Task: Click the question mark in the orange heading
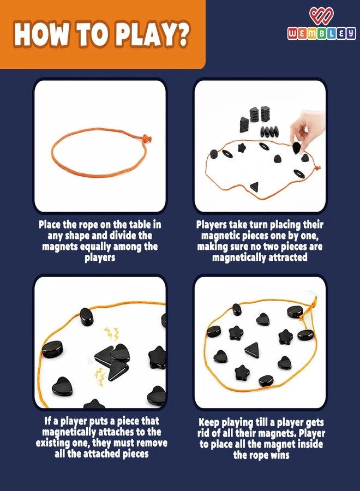[x=181, y=33]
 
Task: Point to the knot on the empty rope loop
[x=146, y=138]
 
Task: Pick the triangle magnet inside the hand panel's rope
[x=255, y=187]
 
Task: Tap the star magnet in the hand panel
[x=241, y=147]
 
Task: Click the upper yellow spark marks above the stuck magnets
[x=112, y=334]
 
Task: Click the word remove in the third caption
[x=152, y=443]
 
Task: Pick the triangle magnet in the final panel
[x=252, y=350]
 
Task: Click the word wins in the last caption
[x=280, y=455]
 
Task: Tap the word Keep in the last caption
[x=209, y=423]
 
